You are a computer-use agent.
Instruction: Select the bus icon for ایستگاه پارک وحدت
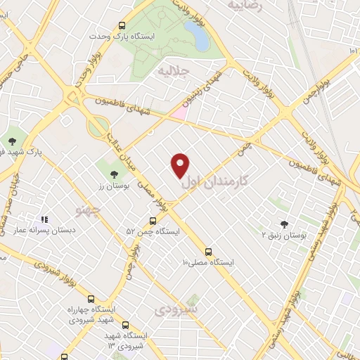tap(122, 23)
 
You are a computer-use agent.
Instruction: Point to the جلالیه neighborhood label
tap(174, 71)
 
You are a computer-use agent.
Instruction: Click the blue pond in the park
tap(202, 39)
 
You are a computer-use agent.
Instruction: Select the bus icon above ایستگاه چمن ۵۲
tap(153, 219)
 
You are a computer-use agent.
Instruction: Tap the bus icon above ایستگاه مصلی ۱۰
tap(208, 252)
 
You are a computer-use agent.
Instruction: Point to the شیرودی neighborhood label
tap(178, 308)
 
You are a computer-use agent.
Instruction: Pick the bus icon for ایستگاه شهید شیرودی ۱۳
tap(125, 326)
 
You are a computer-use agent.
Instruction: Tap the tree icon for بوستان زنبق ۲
tap(284, 224)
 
